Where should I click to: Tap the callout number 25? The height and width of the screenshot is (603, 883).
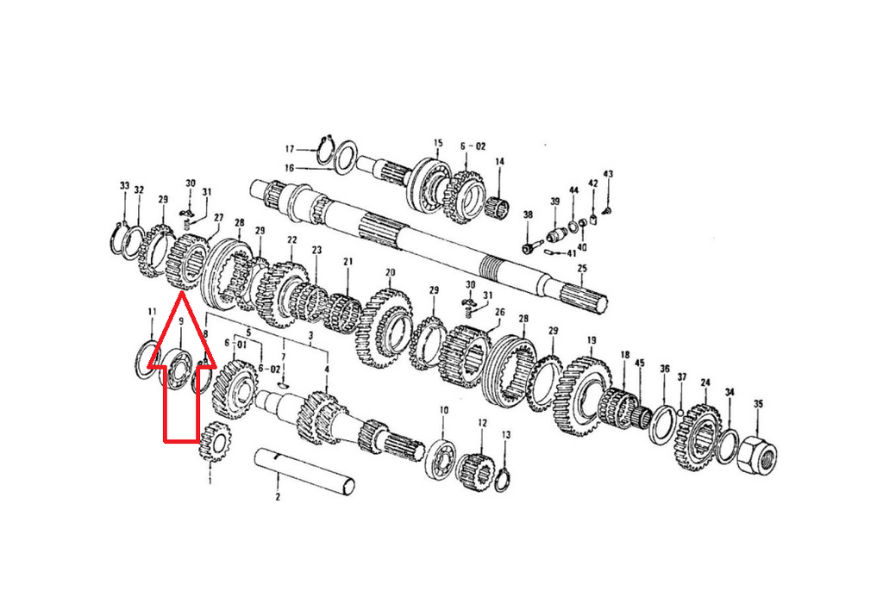[x=582, y=269]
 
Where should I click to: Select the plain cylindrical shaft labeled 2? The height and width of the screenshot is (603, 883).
[x=306, y=469]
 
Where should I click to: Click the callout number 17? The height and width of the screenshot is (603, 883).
[x=291, y=148]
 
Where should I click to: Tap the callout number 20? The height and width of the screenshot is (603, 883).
[x=390, y=273]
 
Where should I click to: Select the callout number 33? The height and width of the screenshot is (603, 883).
[x=124, y=187]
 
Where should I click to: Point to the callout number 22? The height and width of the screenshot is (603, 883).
[x=292, y=240]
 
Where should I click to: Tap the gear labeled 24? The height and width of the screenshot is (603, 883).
[x=700, y=434]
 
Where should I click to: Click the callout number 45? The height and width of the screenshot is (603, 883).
[x=639, y=364]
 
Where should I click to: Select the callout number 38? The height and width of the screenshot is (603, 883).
[x=528, y=215]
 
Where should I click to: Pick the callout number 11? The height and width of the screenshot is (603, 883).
[x=152, y=311]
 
